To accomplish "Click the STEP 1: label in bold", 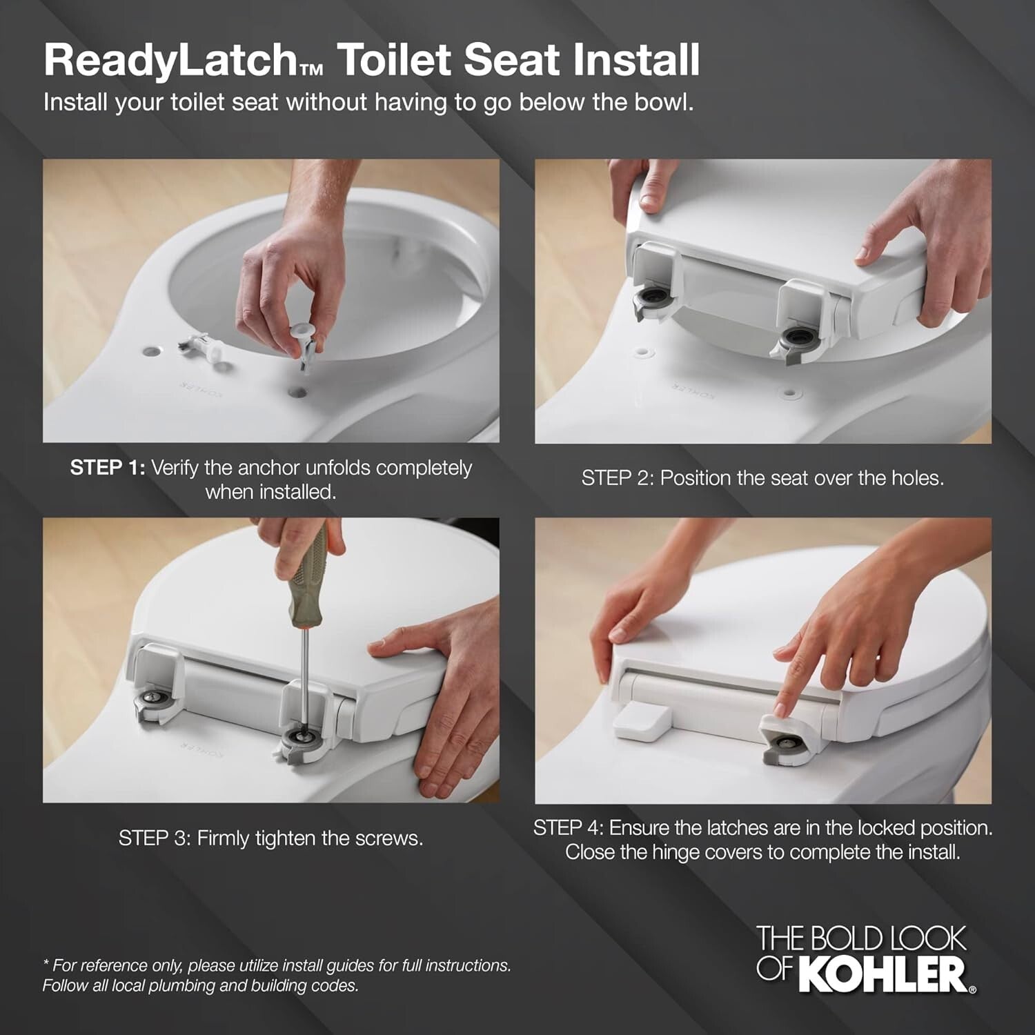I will pyautogui.click(x=108, y=468).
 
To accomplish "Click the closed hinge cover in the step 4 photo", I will pyautogui.click(x=642, y=721).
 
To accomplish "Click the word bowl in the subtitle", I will pyautogui.click(x=666, y=102).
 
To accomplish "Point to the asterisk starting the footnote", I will pyautogui.click(x=46, y=963).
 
